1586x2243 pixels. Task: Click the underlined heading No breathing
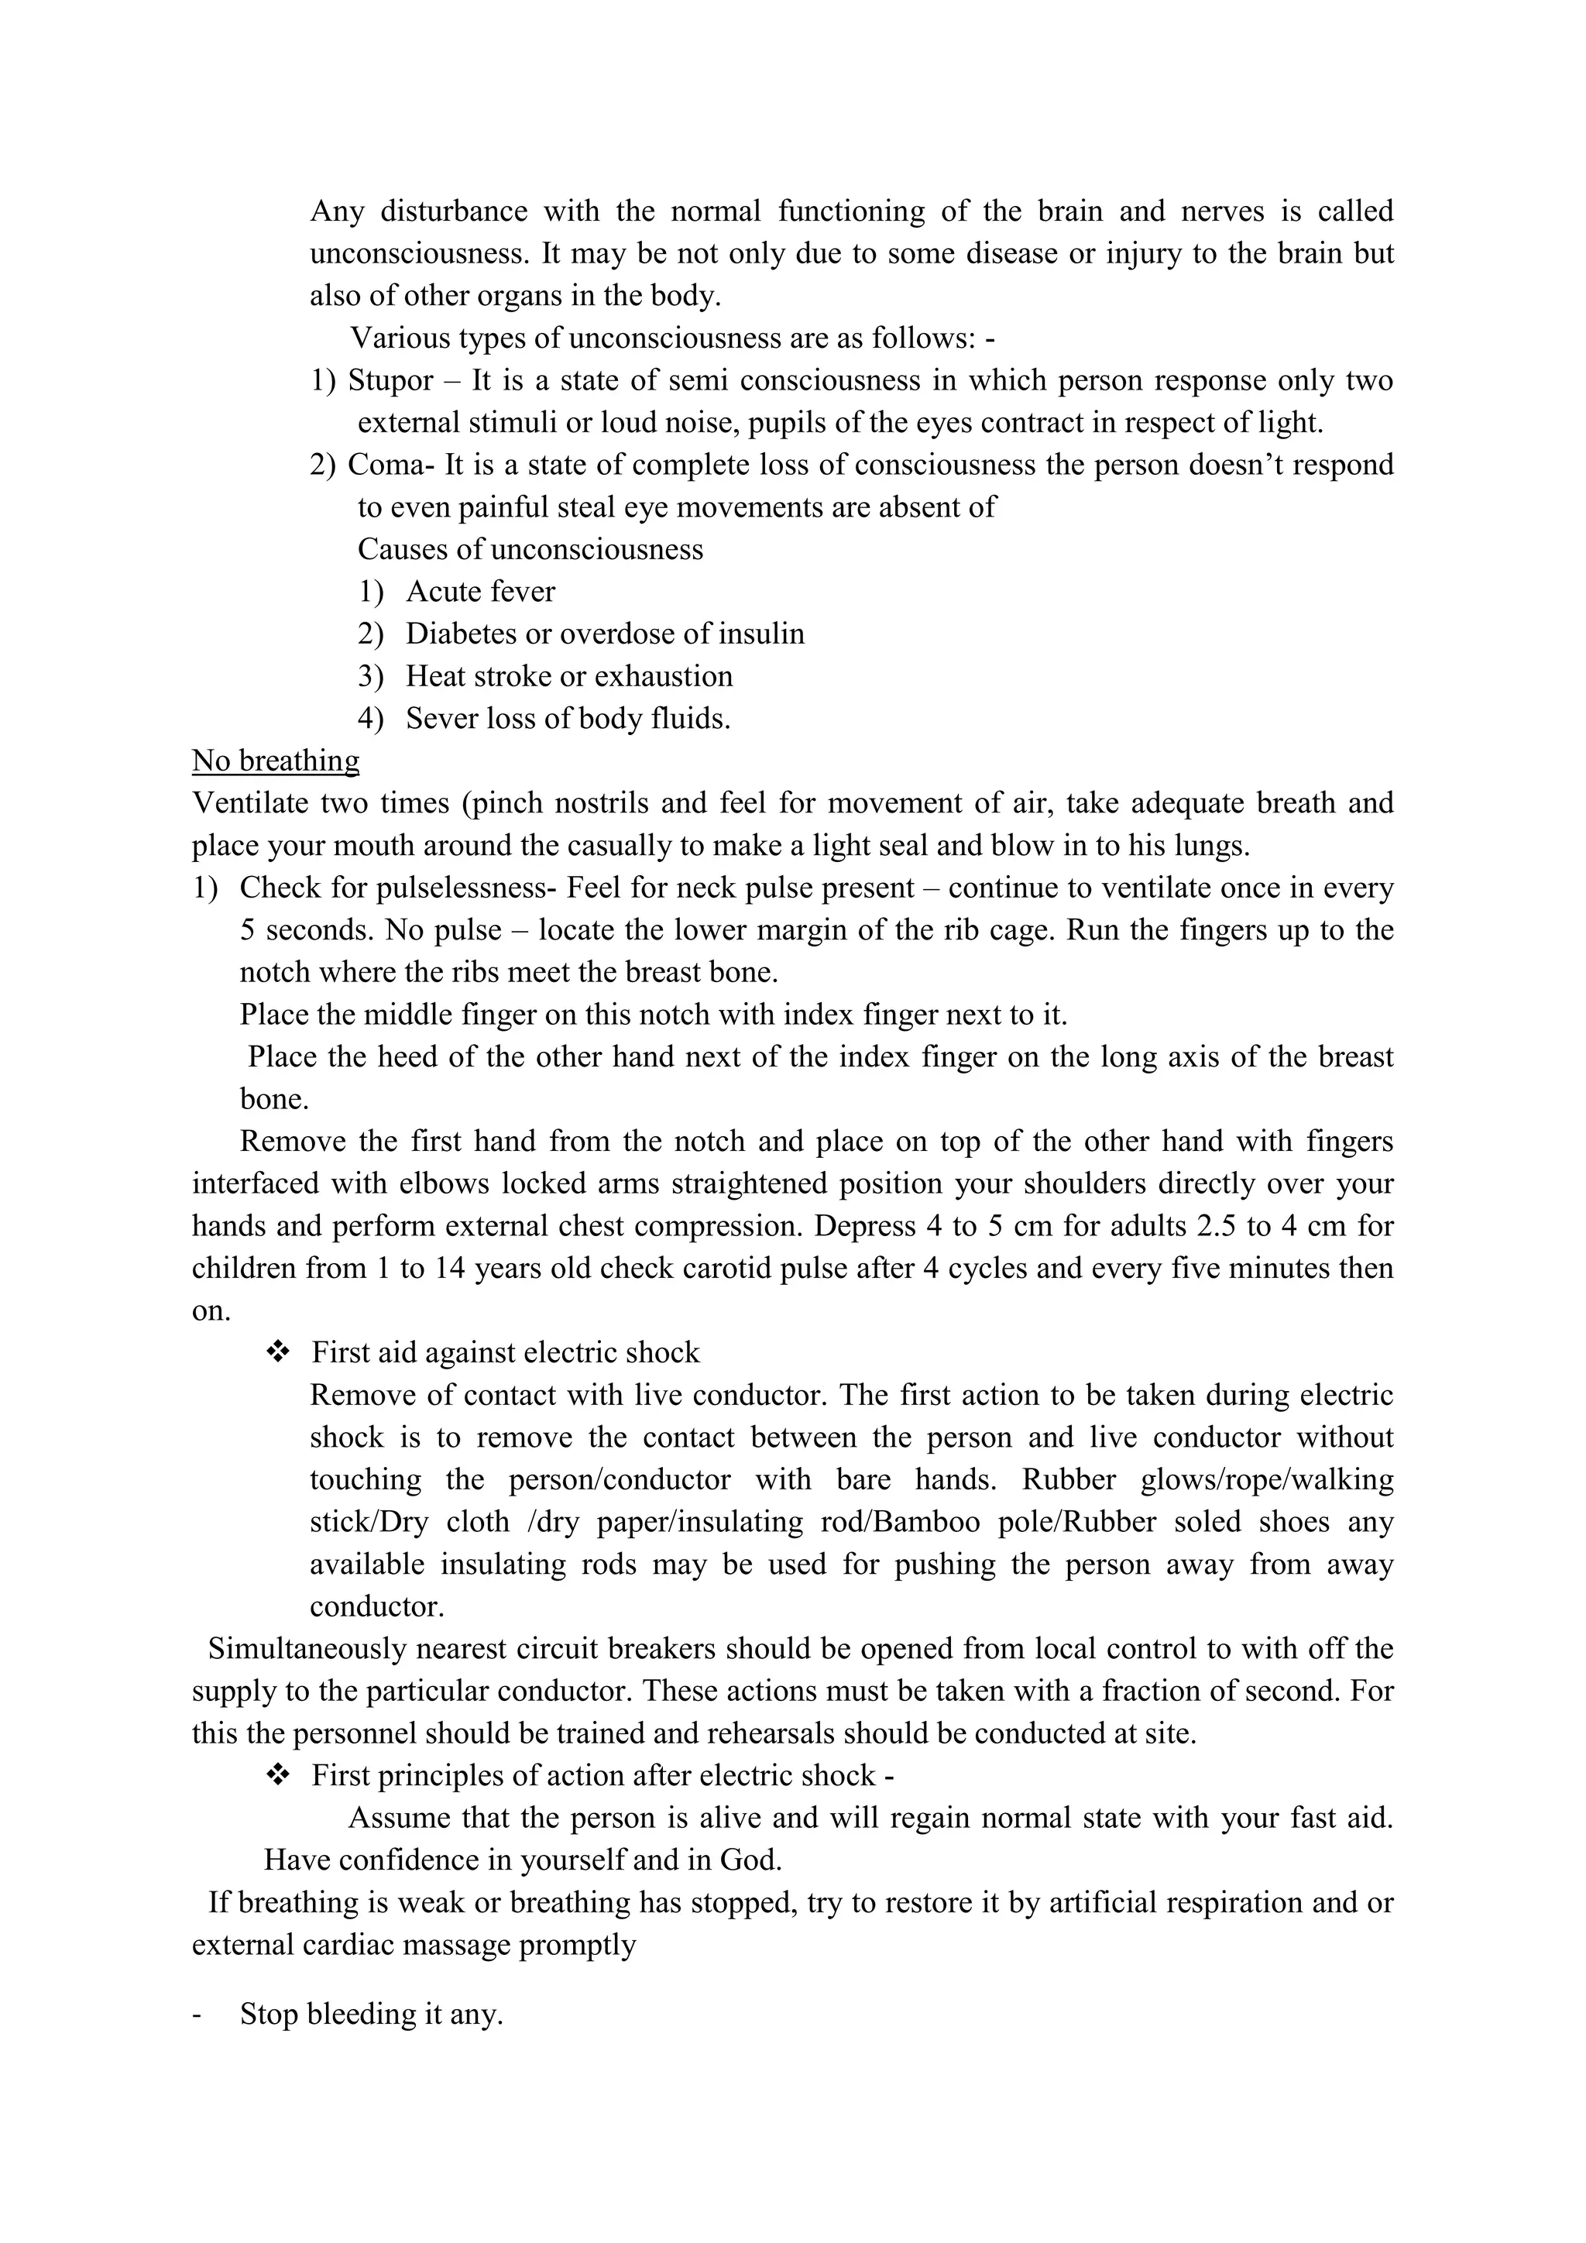[x=276, y=761]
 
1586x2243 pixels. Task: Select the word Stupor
[x=390, y=380]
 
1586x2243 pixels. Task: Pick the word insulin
[x=762, y=634]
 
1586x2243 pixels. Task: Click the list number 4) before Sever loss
[x=370, y=719]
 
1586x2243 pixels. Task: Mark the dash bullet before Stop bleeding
[x=199, y=2015]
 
